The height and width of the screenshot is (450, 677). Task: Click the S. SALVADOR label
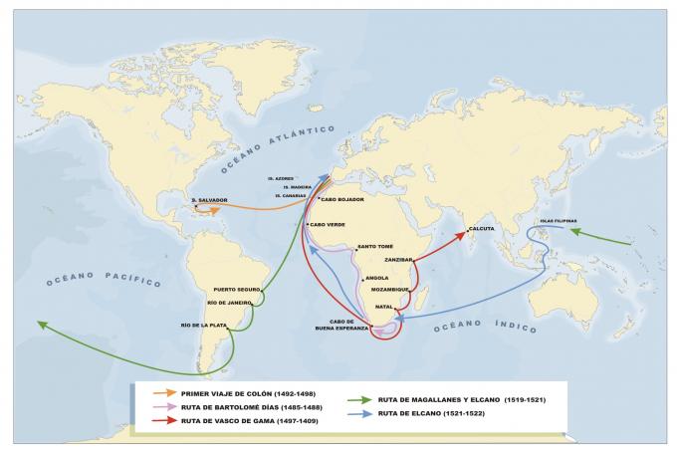coord(212,200)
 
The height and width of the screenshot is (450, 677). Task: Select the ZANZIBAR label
coord(398,259)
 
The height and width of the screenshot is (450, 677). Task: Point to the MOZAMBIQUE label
coord(390,289)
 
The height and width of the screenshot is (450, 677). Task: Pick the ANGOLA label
coord(377,278)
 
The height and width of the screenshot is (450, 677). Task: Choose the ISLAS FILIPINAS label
coord(547,221)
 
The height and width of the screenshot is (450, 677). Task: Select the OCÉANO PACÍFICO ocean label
coord(104,278)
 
